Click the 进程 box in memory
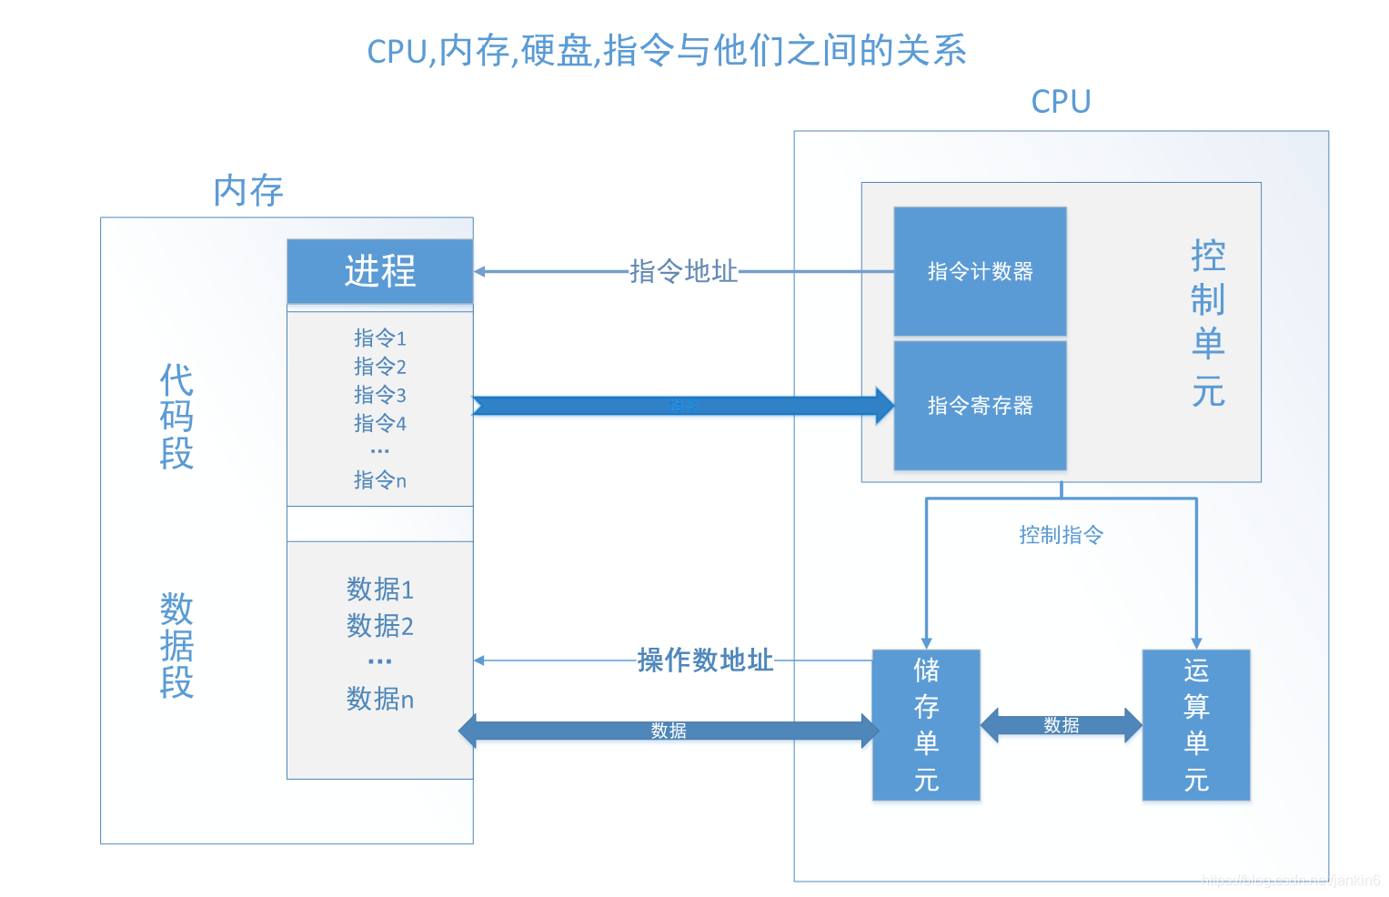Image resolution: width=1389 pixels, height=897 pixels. [380, 271]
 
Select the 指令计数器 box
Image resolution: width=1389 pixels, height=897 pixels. [980, 271]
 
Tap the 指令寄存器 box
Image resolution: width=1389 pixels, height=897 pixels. [980, 406]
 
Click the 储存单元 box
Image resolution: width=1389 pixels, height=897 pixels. [926, 725]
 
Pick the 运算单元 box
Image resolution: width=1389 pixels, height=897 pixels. [1196, 725]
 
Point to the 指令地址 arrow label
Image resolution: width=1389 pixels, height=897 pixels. [683, 271]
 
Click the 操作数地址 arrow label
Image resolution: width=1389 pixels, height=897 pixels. [705, 660]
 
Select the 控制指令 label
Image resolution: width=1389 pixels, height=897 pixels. [1061, 535]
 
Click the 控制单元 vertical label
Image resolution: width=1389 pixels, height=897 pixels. [1208, 323]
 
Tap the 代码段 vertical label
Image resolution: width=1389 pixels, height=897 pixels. [176, 417]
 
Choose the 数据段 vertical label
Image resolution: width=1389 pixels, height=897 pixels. [176, 645]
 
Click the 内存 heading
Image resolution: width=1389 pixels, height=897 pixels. [248, 191]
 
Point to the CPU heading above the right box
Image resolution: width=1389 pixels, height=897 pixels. [1061, 102]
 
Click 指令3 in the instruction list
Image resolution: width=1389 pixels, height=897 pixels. [380, 395]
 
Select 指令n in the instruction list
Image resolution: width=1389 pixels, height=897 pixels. [380, 479]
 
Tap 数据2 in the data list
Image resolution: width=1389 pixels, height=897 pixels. [380, 626]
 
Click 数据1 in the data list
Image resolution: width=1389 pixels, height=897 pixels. [380, 590]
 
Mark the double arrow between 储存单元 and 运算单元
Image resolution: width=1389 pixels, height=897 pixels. [1061, 725]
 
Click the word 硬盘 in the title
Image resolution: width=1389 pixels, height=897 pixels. [557, 51]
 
